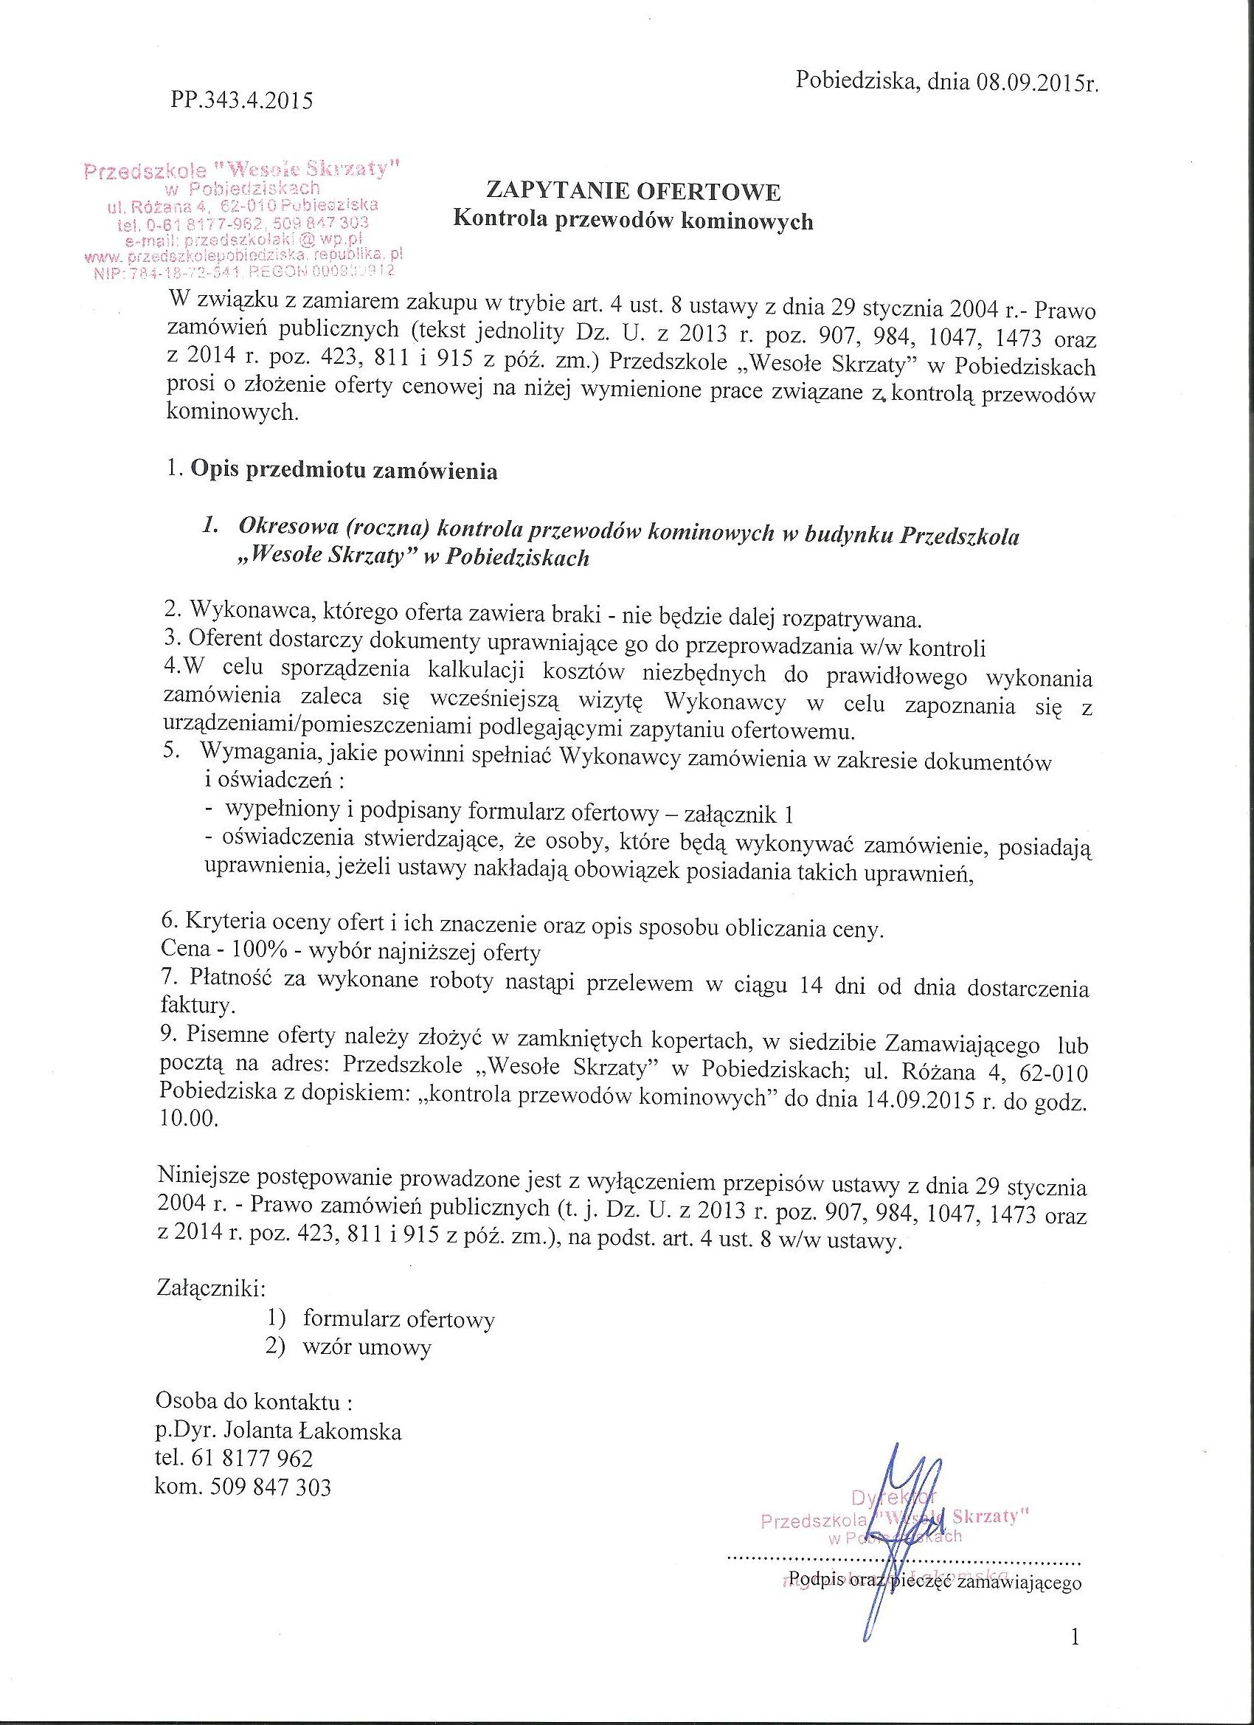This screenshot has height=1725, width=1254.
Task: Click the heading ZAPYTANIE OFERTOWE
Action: [x=633, y=191]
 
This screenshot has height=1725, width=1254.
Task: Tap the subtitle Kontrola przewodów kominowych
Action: [x=633, y=221]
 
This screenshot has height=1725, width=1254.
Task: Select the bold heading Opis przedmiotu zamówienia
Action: [x=344, y=471]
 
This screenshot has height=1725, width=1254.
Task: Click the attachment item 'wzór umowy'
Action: [x=367, y=1348]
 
